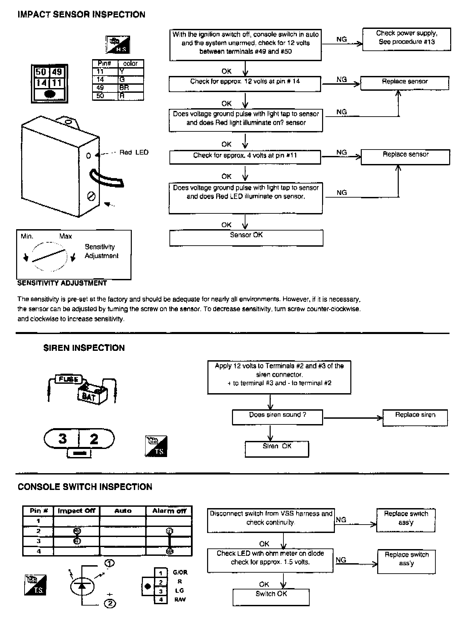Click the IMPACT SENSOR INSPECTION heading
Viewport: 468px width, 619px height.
(x=81, y=14)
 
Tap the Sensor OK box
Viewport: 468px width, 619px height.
(x=246, y=238)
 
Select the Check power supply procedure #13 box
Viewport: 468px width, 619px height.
(x=406, y=39)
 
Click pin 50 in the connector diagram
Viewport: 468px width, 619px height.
(x=41, y=72)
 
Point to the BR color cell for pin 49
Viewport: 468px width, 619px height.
(x=131, y=88)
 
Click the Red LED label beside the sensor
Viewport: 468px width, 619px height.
(x=134, y=153)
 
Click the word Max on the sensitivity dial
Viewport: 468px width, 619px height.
(x=66, y=236)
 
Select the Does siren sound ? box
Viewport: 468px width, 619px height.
(x=277, y=417)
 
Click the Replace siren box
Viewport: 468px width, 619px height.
(x=415, y=418)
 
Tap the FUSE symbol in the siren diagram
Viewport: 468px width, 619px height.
(x=69, y=379)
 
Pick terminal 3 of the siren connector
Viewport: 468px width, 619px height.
(x=63, y=439)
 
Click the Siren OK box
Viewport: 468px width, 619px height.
(x=277, y=449)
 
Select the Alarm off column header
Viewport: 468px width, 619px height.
(x=169, y=511)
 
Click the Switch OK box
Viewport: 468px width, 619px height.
(x=271, y=597)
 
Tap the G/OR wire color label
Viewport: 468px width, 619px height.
(x=180, y=572)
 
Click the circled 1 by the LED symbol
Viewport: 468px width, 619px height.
(x=110, y=563)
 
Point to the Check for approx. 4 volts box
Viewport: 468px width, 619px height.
(x=245, y=157)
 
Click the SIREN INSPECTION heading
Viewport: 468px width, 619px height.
(x=84, y=348)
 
